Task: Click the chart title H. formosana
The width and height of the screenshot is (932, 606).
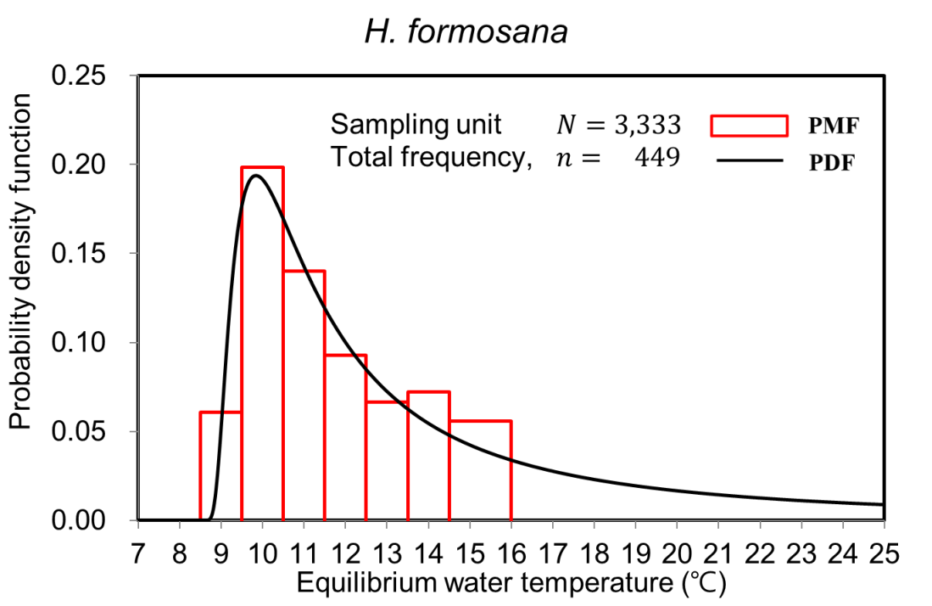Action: coord(466,33)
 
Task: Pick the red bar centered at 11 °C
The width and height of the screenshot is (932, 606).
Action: coord(304,395)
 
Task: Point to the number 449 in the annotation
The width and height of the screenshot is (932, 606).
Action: coord(656,158)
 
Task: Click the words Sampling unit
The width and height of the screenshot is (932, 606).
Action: coord(416,125)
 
